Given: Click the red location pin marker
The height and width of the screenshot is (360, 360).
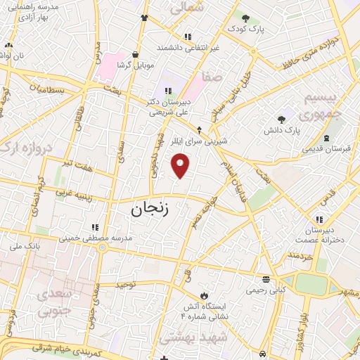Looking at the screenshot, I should pos(181,166).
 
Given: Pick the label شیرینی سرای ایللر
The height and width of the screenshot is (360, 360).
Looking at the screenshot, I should pos(201,141).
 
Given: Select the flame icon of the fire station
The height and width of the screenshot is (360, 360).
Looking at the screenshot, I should pos(204,294).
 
